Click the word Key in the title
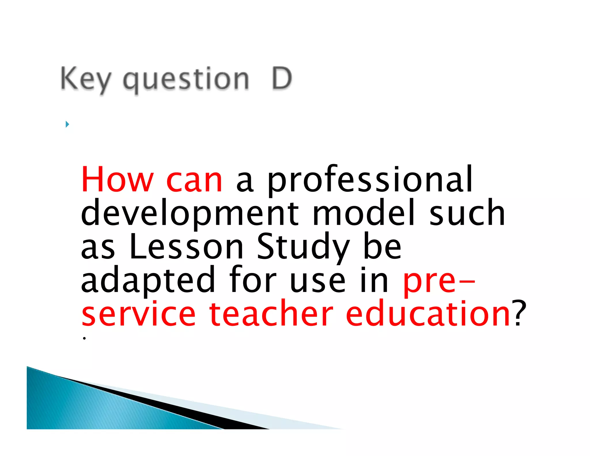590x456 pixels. [86, 78]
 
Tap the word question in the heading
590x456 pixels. [186, 79]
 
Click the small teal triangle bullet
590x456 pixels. [67, 124]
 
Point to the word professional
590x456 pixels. [370, 180]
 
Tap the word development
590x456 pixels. [190, 214]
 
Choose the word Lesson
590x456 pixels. [186, 246]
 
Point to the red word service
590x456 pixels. [139, 314]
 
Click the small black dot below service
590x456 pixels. [84, 338]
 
